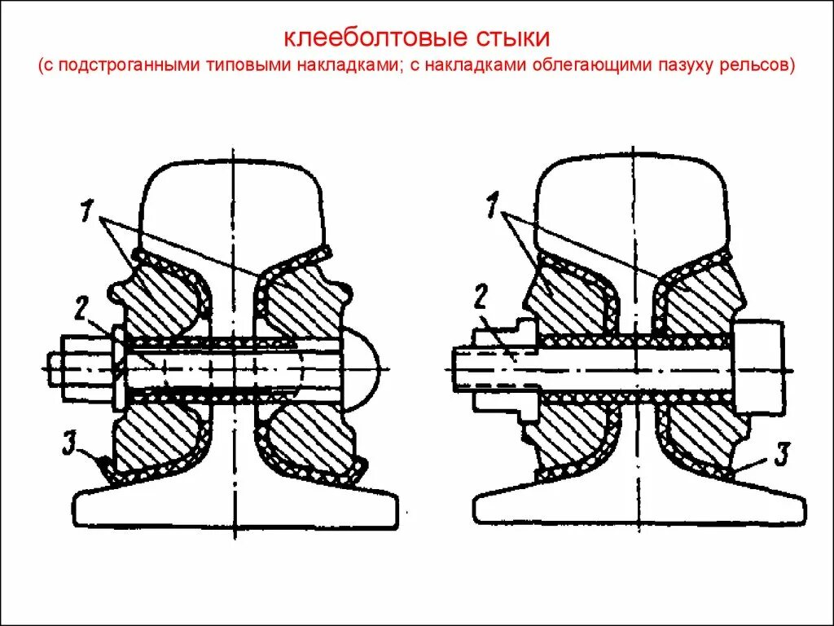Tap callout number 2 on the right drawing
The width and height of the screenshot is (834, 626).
tap(481, 297)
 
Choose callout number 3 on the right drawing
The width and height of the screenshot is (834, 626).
tap(779, 454)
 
